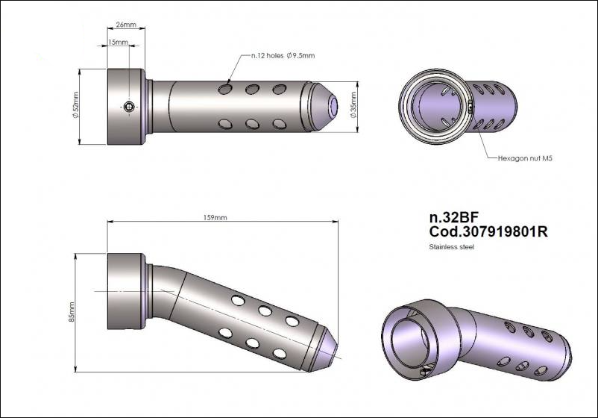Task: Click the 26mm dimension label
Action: pos(127,25)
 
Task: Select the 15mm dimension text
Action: pos(117,43)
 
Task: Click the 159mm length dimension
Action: pos(215,217)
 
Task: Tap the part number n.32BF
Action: pos(454,217)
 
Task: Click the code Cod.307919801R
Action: pos(488,232)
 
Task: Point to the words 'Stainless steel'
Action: pos(451,247)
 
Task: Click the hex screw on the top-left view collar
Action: pos(130,107)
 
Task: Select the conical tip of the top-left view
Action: pos(324,107)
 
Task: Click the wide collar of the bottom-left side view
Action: pos(127,291)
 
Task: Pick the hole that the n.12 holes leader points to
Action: pos(225,90)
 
